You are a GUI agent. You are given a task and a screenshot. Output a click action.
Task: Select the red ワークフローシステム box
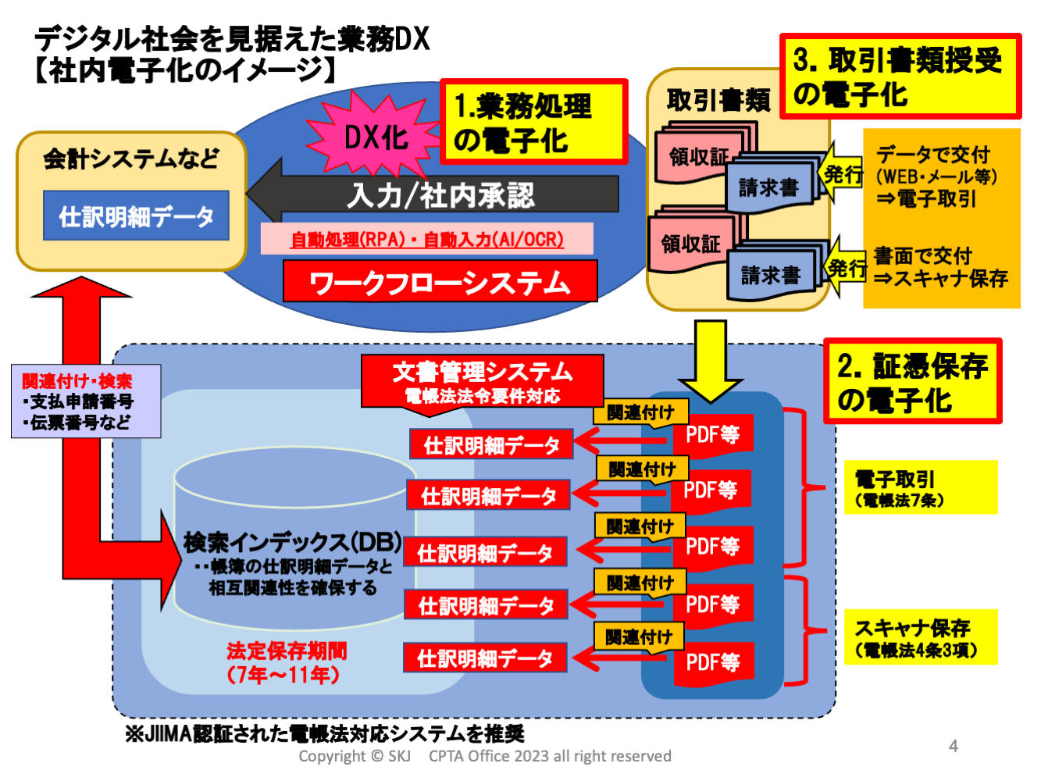(x=440, y=282)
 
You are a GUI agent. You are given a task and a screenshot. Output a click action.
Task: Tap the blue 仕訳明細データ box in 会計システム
(x=136, y=216)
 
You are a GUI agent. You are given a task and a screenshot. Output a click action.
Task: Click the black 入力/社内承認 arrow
(x=437, y=194)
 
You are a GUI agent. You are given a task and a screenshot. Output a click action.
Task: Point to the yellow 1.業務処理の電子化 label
(x=533, y=122)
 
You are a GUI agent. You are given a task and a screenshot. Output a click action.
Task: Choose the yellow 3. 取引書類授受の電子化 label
(x=900, y=77)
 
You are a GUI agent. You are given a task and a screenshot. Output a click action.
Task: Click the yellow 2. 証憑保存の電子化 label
(x=912, y=382)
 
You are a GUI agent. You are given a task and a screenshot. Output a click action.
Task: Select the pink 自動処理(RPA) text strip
(x=426, y=239)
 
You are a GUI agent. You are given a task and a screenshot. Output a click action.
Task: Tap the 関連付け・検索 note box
(x=86, y=401)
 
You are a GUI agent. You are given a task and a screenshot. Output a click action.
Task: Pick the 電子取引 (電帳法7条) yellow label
(x=920, y=488)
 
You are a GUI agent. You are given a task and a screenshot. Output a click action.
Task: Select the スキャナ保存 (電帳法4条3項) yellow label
(x=920, y=637)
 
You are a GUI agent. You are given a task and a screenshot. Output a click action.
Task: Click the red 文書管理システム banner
(x=482, y=380)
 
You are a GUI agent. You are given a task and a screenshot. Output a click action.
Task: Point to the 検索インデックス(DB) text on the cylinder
(x=292, y=542)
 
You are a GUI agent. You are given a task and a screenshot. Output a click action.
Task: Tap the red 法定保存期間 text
(x=286, y=662)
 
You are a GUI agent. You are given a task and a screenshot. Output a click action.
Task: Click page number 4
(x=953, y=746)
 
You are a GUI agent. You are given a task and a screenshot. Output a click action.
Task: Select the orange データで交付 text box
(x=941, y=176)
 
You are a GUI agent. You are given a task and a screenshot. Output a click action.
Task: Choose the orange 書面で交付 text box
(x=941, y=267)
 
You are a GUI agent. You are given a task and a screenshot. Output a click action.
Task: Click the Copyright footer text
(x=484, y=756)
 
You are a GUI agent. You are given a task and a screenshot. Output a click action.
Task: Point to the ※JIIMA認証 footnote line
(x=324, y=733)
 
